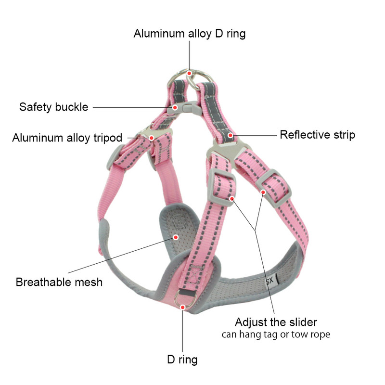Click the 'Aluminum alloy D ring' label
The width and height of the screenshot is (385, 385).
click(x=189, y=34)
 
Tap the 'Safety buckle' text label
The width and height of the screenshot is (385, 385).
click(x=53, y=107)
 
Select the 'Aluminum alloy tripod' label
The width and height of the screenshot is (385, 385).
click(x=67, y=138)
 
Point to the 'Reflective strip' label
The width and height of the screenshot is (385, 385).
click(x=317, y=135)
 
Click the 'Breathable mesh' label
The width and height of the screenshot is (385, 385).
click(x=59, y=282)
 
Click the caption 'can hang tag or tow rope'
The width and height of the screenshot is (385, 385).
click(x=276, y=334)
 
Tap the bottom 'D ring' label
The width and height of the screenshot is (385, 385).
click(x=182, y=359)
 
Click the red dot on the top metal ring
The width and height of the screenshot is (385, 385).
click(x=190, y=73)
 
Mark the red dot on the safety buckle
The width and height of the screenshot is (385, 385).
click(x=176, y=107)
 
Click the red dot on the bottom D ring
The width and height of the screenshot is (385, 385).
click(x=182, y=306)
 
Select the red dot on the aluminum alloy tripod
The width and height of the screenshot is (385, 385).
click(x=152, y=138)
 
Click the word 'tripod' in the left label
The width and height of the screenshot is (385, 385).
click(x=106, y=138)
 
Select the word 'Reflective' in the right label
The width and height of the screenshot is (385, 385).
click(x=302, y=135)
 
